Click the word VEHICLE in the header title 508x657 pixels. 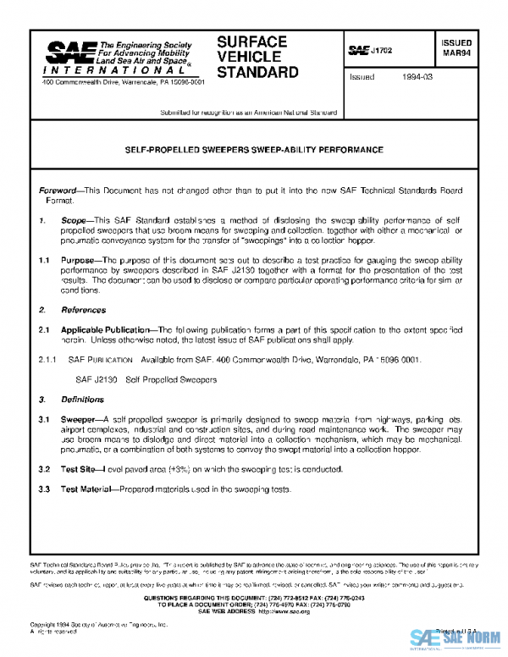tap(246, 56)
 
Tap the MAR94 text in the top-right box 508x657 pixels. tap(457, 57)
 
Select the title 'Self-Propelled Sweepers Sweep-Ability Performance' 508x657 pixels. tap(254, 150)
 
